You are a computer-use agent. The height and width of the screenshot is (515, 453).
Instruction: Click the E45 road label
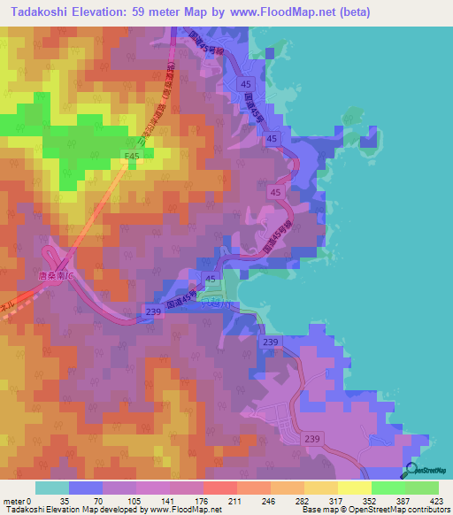133,157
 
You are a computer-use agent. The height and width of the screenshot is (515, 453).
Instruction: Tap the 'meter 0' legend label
17,500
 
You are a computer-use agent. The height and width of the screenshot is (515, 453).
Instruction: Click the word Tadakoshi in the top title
38,12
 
